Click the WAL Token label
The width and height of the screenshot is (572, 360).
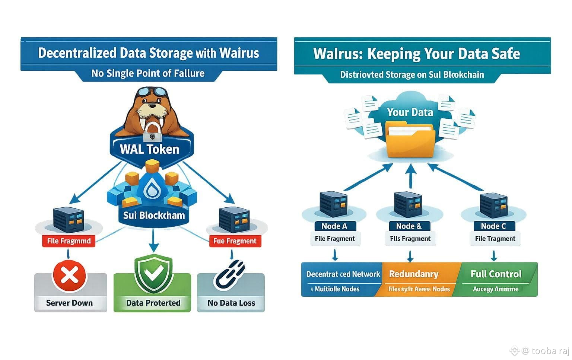(x=150, y=149)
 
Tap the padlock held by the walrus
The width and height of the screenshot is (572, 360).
(x=152, y=131)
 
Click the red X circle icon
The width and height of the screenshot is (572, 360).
(x=69, y=276)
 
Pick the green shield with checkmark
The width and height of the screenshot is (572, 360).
(x=153, y=274)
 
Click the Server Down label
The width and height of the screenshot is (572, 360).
(x=70, y=303)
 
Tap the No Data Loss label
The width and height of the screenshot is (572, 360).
(x=231, y=303)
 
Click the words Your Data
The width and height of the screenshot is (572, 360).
(x=410, y=112)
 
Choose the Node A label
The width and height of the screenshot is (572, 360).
(x=334, y=226)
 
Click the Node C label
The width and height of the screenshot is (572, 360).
(x=493, y=226)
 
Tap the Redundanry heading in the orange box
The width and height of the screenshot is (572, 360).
(x=413, y=274)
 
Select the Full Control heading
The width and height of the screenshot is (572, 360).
(x=496, y=274)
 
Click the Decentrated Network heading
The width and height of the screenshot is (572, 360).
(x=343, y=274)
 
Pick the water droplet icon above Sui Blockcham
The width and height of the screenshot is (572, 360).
(x=152, y=191)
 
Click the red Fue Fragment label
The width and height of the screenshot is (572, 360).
(x=235, y=241)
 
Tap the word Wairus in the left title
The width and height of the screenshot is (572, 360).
(x=239, y=53)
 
